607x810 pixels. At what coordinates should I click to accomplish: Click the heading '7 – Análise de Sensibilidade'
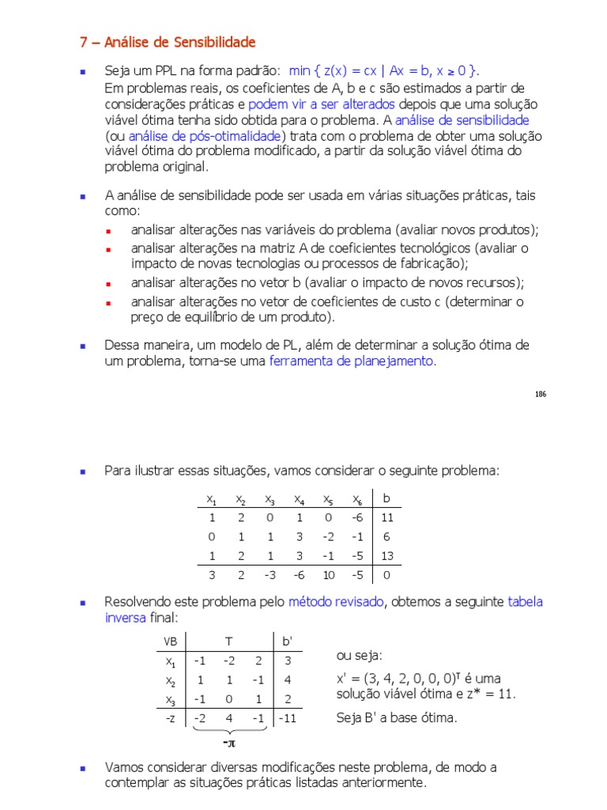pos(168,42)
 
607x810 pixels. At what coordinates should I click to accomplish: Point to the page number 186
pos(540,394)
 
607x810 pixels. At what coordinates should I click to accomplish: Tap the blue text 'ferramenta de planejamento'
pos(352,361)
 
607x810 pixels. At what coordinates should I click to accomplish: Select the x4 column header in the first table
pos(299,499)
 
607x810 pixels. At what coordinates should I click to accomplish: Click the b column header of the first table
pos(386,498)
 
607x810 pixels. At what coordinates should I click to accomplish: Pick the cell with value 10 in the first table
pos(328,575)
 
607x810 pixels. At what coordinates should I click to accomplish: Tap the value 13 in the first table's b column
pos(386,556)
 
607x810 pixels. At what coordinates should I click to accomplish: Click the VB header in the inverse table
pos(170,640)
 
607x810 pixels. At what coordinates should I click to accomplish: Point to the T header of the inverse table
pos(228,640)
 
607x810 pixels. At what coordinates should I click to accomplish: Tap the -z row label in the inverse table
pos(170,718)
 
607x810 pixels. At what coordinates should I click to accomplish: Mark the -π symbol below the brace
pos(228,744)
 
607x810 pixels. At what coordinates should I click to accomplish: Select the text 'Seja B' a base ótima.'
pos(396,718)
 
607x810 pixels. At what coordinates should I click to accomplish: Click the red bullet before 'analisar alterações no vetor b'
pos(111,283)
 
